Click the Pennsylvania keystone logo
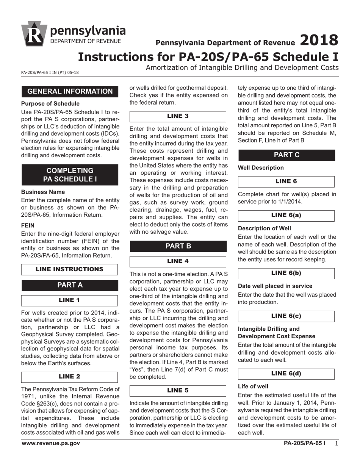pyautogui.click(x=34, y=34)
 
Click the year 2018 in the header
pyautogui.click(x=319, y=40)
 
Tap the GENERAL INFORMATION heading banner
pyautogui.click(x=70, y=91)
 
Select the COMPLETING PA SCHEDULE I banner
pyautogui.click(x=70, y=175)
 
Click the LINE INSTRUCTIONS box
pyautogui.click(x=69, y=269)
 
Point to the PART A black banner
pyautogui.click(x=70, y=285)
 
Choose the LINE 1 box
pyautogui.click(x=69, y=300)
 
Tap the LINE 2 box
pyautogui.click(x=69, y=377)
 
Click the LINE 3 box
pyautogui.click(x=178, y=116)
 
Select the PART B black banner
pyautogui.click(x=178, y=246)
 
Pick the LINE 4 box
pyautogui.click(x=178, y=261)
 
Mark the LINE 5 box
pyautogui.click(x=178, y=391)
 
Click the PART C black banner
pyautogui.click(x=286, y=155)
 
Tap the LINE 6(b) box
pyautogui.click(x=286, y=273)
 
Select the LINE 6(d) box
pyautogui.click(x=286, y=374)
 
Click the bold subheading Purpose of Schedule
pyautogui.click(x=50, y=104)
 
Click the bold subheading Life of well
pyautogui.click(x=253, y=386)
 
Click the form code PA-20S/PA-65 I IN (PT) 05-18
pyautogui.click(x=50, y=72)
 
